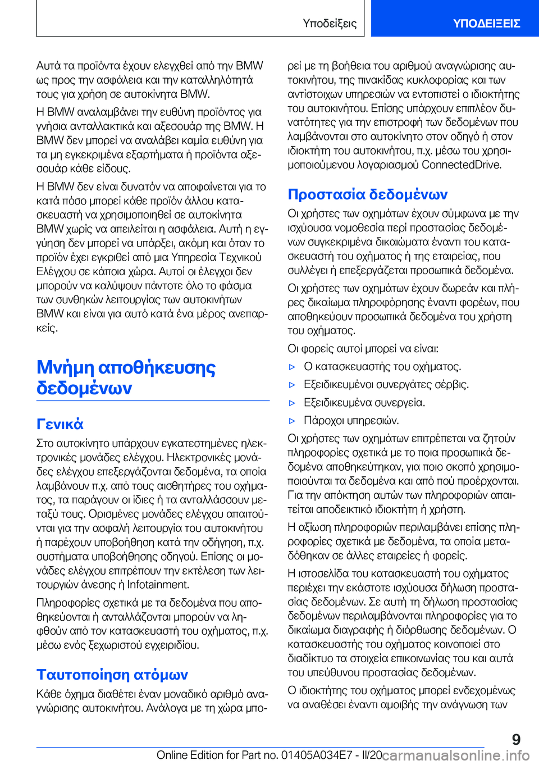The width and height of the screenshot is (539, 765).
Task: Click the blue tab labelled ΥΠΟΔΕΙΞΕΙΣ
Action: [486, 23]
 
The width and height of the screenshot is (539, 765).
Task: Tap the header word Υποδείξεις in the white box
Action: [330, 23]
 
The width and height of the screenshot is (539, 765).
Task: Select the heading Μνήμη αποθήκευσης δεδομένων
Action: [126, 377]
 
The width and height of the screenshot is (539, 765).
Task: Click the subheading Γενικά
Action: [60, 424]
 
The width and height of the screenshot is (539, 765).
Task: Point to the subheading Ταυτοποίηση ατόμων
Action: [112, 675]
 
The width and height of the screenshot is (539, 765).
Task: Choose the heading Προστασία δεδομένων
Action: [367, 194]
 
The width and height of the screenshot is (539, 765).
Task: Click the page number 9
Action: [516, 739]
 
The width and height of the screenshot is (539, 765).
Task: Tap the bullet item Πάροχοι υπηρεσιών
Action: [351, 421]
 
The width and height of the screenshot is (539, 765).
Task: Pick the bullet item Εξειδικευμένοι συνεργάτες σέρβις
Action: [386, 385]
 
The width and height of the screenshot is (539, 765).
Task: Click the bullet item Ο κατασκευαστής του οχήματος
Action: [382, 367]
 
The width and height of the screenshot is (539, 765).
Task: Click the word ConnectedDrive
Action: [461, 165]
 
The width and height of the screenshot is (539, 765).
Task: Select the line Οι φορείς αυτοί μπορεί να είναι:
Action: [363, 348]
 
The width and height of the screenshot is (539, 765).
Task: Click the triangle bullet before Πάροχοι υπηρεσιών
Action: [292, 421]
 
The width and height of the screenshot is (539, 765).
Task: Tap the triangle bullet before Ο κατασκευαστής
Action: [292, 367]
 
